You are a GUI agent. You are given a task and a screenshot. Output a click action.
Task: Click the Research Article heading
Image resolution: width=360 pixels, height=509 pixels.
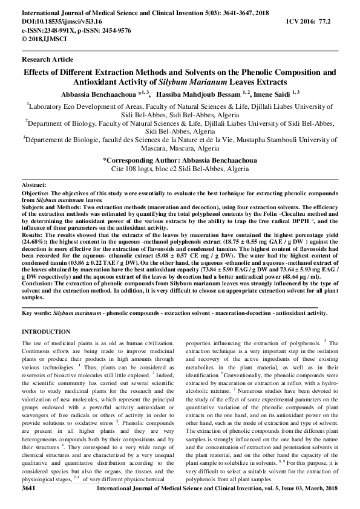[x=47, y=59]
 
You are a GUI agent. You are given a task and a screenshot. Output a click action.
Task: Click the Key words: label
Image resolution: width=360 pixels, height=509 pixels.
[x=36, y=313]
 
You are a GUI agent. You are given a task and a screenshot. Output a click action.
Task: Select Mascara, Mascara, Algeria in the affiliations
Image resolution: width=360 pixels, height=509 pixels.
[x=179, y=148]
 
